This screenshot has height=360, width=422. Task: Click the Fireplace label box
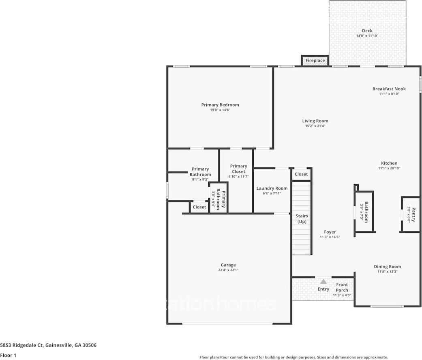click(315, 60)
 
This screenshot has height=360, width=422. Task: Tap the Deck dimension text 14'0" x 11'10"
click(367, 36)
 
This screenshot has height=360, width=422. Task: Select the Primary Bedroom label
click(220, 105)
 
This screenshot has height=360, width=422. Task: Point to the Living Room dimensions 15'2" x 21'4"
click(315, 126)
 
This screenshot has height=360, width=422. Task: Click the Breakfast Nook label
click(389, 89)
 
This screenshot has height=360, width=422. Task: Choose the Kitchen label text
click(389, 163)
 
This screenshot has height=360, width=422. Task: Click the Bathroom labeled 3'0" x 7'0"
click(364, 212)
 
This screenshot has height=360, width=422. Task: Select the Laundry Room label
click(272, 188)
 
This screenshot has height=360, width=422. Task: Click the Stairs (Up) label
click(302, 219)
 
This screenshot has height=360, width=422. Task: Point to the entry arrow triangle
click(323, 281)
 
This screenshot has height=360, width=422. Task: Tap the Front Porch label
click(342, 287)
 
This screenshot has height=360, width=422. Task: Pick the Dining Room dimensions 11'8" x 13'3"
click(387, 272)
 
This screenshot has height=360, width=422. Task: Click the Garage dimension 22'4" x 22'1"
click(228, 270)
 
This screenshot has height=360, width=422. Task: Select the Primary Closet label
click(238, 169)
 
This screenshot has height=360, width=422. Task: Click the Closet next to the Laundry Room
click(301, 174)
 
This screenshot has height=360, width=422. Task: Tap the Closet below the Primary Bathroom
click(199, 207)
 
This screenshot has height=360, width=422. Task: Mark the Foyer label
click(330, 232)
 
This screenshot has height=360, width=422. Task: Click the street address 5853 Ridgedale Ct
click(48, 345)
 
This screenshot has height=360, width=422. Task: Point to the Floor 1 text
click(8, 355)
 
